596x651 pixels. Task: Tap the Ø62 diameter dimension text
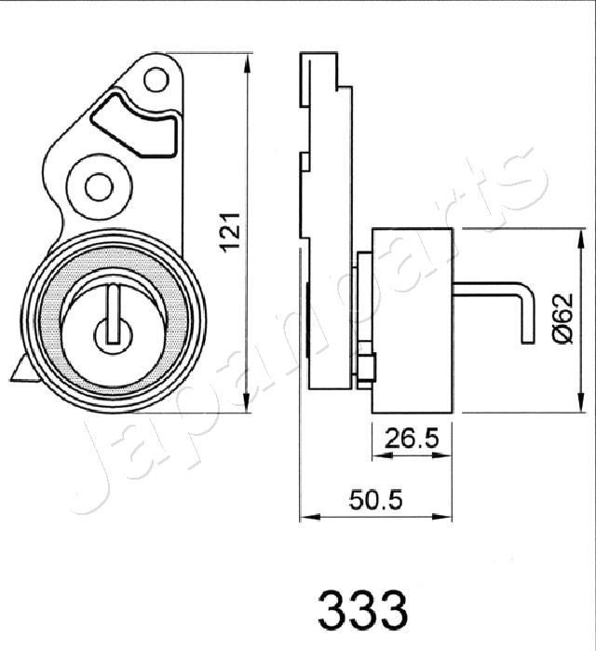[x=561, y=319]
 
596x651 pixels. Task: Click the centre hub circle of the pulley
[x=113, y=332]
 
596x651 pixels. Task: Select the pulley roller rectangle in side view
[x=413, y=319]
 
